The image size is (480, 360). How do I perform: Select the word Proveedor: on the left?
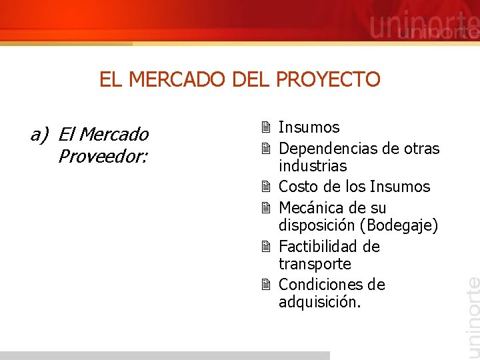pos(103,157)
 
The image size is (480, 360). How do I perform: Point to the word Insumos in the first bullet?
pos(309,127)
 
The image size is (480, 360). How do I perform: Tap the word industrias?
pos(313,166)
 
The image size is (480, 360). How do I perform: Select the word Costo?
pos(297,187)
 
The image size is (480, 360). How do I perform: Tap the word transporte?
pos(315,264)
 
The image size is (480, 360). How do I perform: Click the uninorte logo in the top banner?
pos(424,27)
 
